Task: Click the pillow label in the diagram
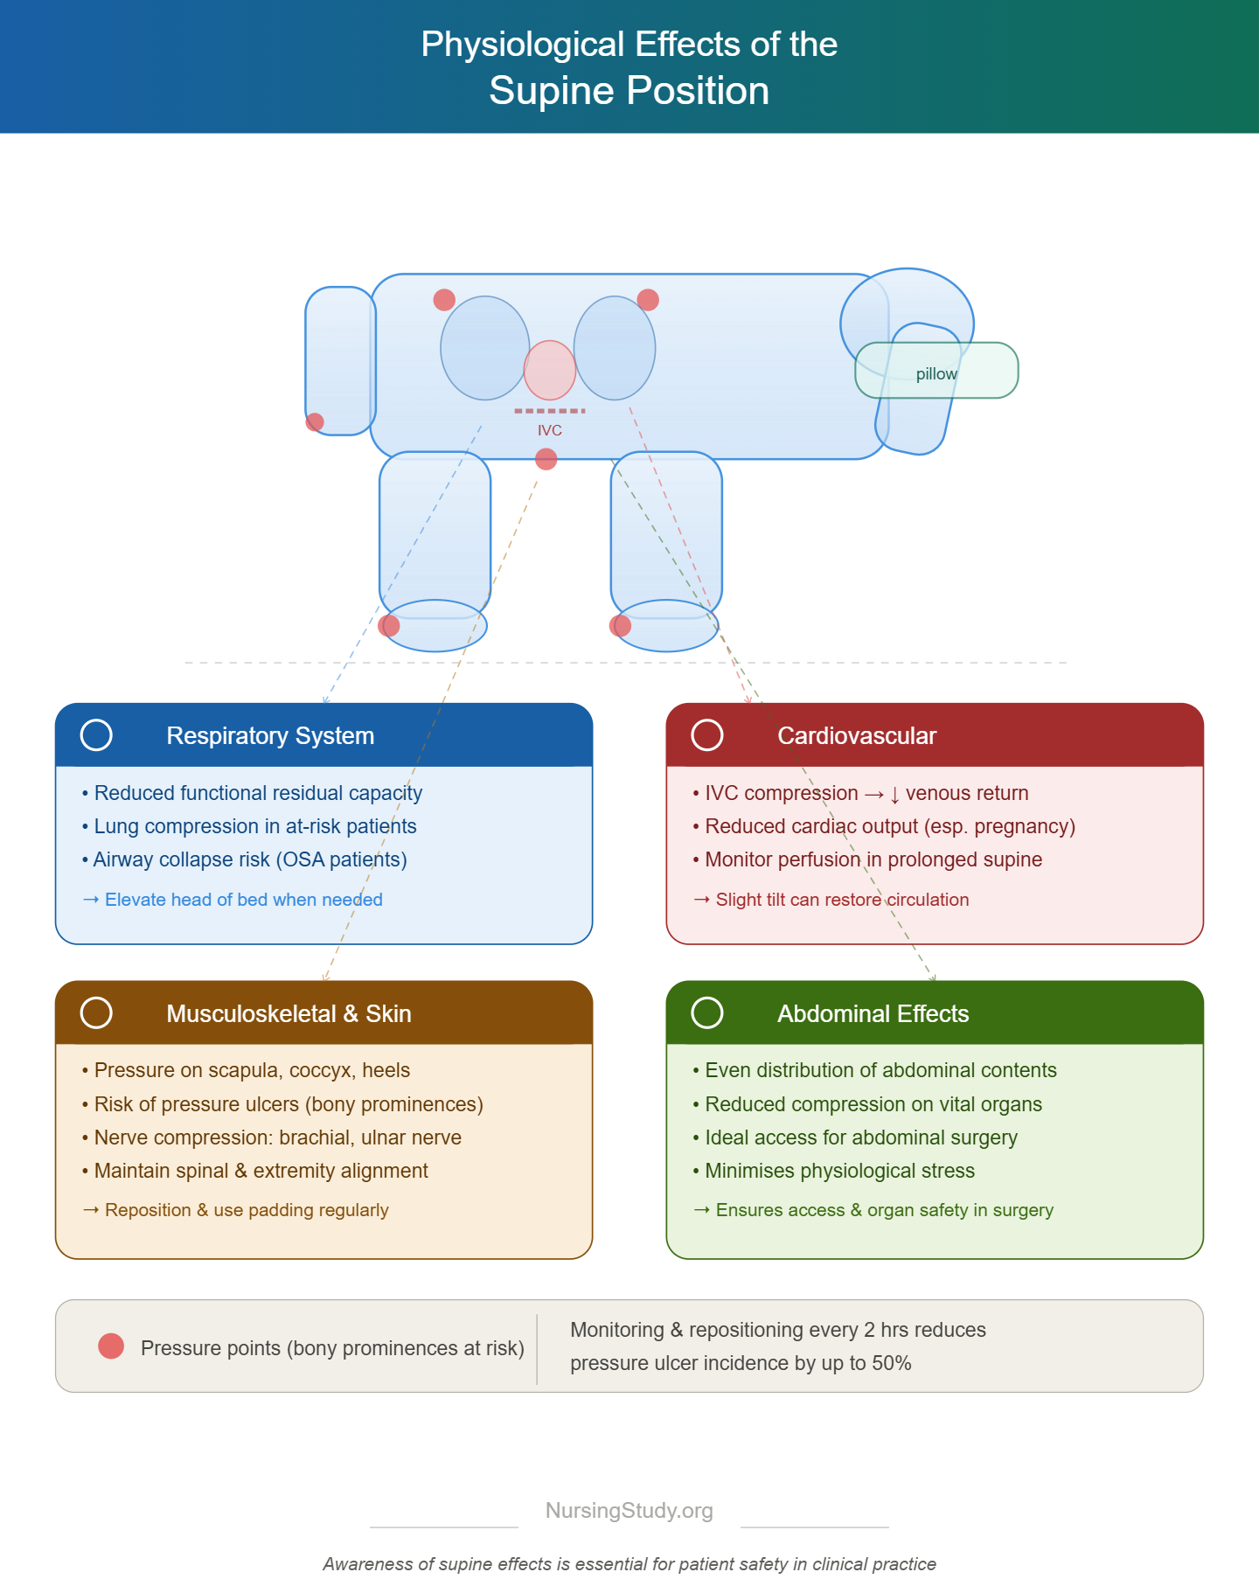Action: pos(936,374)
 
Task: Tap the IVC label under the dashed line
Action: pos(550,430)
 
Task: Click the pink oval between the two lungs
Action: pos(550,370)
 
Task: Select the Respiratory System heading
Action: pos(270,736)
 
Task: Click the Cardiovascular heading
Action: pos(857,736)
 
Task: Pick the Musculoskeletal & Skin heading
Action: pos(289,1013)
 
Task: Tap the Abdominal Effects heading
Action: pos(873,1013)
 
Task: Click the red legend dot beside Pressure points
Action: pos(111,1346)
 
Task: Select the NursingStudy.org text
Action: pos(629,1511)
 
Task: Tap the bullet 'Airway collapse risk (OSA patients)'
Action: pos(245,859)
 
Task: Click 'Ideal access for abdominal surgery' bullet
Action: pos(855,1137)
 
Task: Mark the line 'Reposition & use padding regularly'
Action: pos(235,1210)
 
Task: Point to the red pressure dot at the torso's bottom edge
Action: pos(546,459)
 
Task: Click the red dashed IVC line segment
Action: pos(550,411)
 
